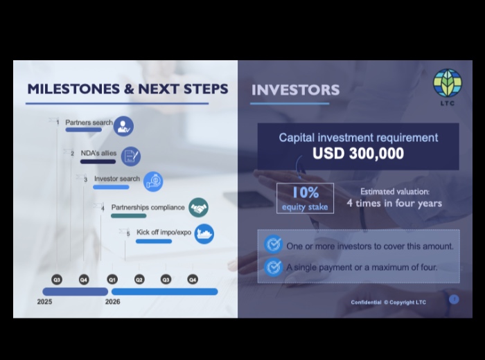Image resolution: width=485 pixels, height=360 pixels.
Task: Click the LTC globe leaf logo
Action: coord(448,83)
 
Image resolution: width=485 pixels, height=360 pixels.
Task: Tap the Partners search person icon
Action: coord(123,126)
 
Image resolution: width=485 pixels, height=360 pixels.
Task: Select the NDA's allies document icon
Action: coord(130,156)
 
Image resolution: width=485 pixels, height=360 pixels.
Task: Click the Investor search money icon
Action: coord(153,181)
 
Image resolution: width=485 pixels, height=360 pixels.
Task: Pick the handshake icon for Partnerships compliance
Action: coord(198,208)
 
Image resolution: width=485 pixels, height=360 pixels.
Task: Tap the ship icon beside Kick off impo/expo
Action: coord(204,233)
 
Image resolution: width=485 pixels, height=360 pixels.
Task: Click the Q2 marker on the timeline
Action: coord(139,280)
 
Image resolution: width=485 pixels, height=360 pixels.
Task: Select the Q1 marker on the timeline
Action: coord(112,280)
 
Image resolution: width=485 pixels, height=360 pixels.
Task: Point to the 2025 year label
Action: coord(44,302)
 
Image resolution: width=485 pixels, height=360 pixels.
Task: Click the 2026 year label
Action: coord(112,302)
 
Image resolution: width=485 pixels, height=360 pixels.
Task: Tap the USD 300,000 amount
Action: coord(358,153)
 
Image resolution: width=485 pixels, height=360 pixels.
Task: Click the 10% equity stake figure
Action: coord(306,192)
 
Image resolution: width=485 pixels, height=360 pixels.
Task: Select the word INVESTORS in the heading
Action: coord(295,90)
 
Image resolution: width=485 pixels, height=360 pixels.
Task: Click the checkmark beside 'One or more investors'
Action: coord(273,244)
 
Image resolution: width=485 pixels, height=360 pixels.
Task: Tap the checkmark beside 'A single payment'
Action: coord(273,267)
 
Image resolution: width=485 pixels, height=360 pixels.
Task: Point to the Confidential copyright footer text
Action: coord(388,303)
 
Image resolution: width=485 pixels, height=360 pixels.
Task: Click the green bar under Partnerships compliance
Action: coord(129,216)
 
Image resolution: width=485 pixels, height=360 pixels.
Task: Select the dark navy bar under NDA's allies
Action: coord(98,161)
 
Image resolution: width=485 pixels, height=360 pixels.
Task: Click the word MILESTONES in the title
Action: coord(73,89)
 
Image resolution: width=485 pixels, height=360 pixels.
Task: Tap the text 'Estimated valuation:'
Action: coord(395,192)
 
